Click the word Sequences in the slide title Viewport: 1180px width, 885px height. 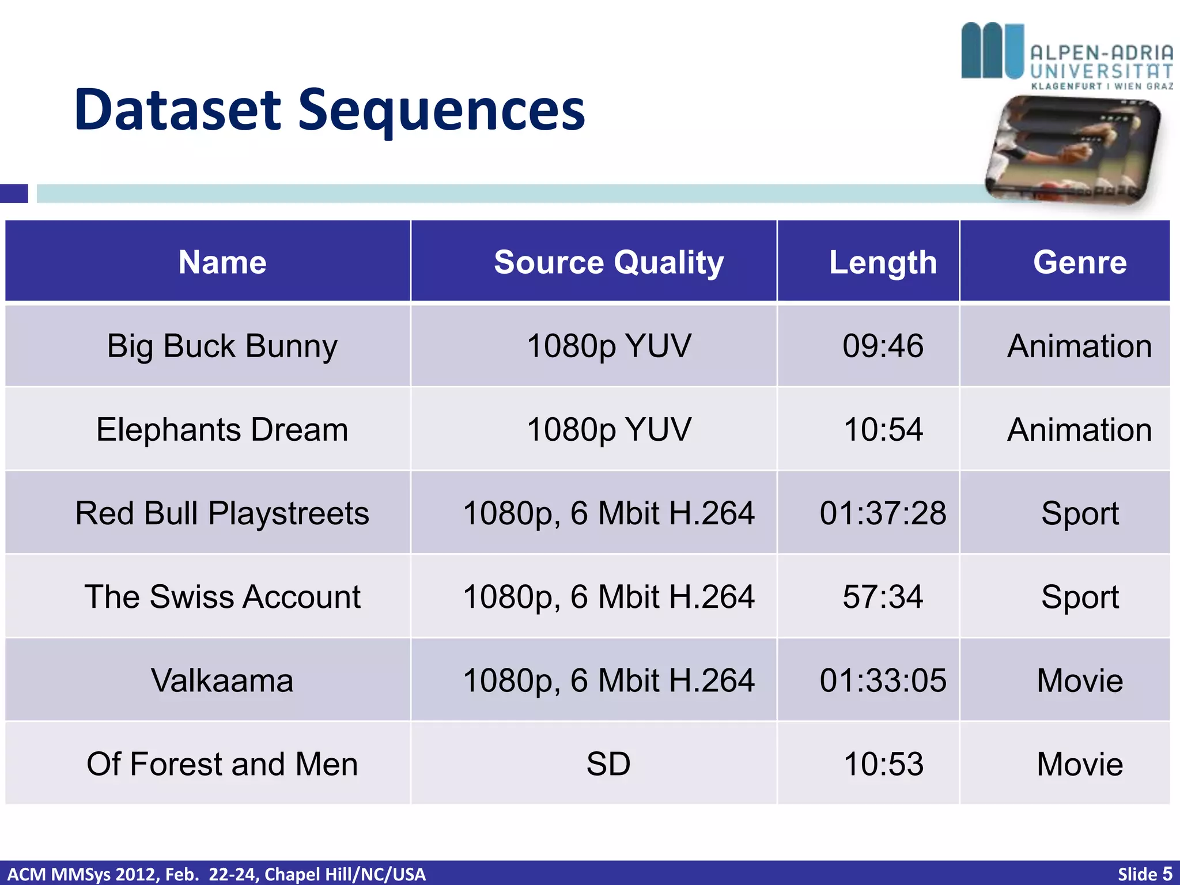coord(441,111)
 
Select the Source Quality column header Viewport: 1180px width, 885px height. coord(608,262)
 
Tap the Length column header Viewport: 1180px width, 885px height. coord(883,262)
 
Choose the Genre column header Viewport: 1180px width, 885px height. coord(1080,262)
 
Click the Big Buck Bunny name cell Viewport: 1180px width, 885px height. coord(222,346)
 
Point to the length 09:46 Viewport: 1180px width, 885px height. coord(883,346)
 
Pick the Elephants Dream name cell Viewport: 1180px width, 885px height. coord(222,430)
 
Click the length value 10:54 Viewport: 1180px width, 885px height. coord(883,430)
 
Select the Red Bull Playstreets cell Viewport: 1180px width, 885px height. coord(222,513)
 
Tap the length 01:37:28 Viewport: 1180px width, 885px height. coord(883,513)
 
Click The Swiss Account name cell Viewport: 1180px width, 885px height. coord(222,597)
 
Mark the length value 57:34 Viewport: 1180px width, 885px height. coord(883,597)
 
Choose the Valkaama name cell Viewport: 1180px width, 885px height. coord(222,680)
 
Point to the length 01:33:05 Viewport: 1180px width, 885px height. coord(883,680)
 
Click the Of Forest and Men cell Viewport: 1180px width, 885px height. coord(222,764)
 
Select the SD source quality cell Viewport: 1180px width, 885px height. coord(608,764)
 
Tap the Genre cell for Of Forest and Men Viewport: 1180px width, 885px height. coord(1080,764)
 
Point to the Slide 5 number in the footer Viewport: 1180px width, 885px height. coord(1144,874)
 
